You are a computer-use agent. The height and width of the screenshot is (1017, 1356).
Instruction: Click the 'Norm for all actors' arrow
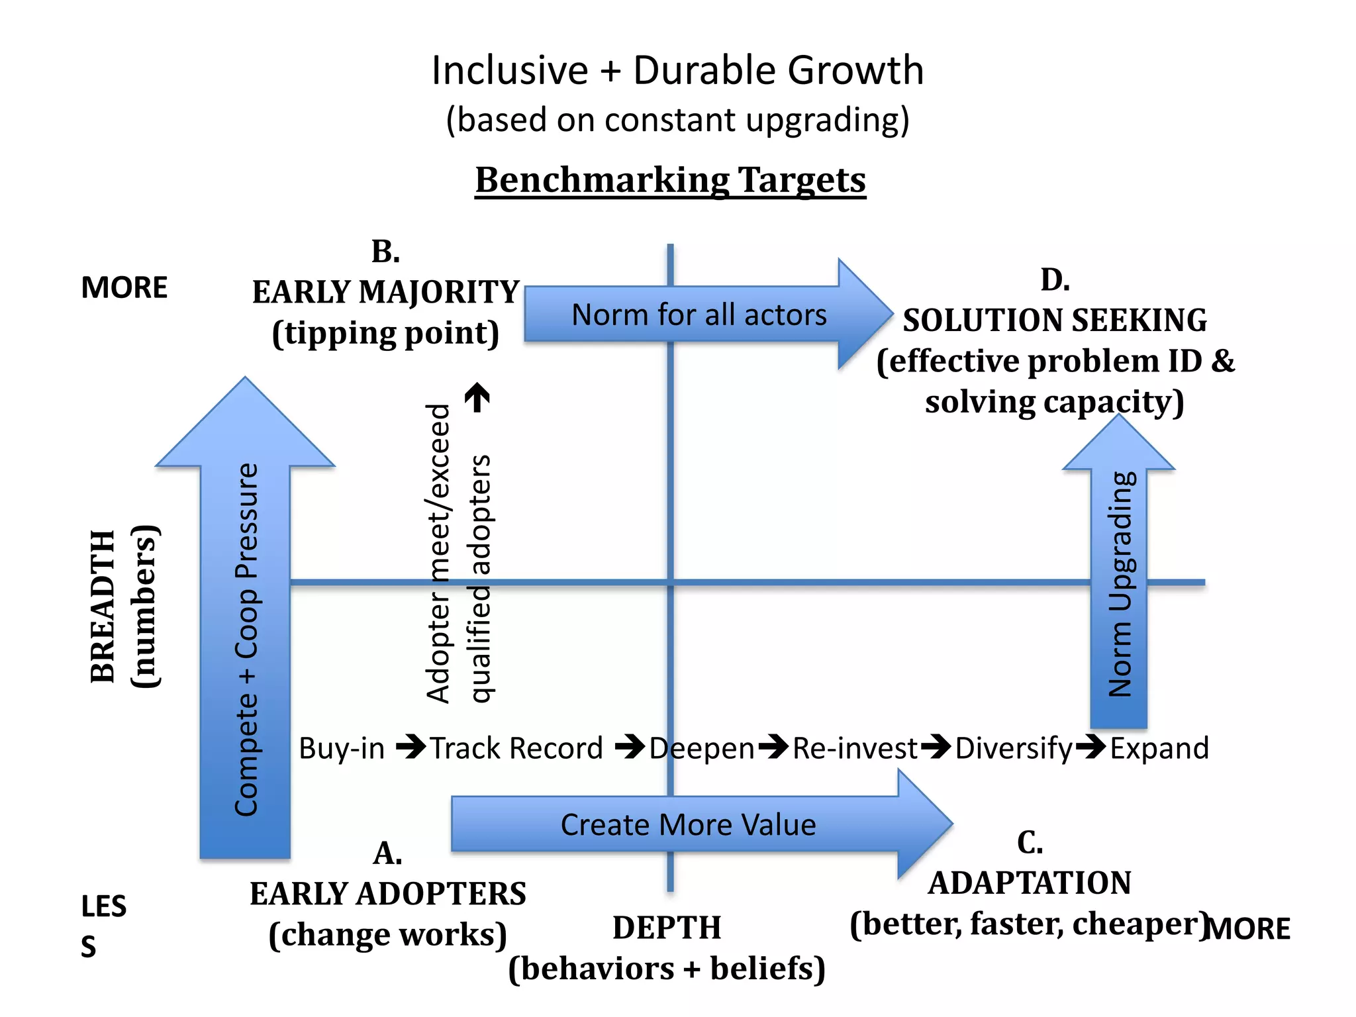click(x=699, y=315)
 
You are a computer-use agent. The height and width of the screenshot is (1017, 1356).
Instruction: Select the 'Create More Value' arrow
click(x=689, y=824)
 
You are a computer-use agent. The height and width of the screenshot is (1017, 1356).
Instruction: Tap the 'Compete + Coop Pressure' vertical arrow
click(x=246, y=636)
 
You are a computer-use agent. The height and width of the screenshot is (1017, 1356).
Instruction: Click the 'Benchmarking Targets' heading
click(x=670, y=179)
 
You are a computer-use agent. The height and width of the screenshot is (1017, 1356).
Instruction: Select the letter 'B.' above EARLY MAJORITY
click(x=386, y=252)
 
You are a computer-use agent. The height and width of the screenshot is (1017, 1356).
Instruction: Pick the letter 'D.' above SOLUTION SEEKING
click(x=1055, y=280)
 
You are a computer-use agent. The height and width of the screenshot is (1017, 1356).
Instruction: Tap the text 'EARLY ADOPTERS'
click(x=388, y=894)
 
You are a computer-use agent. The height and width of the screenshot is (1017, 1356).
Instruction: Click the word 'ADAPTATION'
click(x=1030, y=883)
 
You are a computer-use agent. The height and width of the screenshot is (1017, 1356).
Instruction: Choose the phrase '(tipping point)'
click(x=385, y=333)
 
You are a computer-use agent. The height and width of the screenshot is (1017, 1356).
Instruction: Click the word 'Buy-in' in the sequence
click(x=342, y=748)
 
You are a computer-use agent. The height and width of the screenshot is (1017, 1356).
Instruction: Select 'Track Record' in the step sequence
click(x=516, y=748)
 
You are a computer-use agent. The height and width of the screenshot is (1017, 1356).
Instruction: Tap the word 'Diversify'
click(x=1013, y=748)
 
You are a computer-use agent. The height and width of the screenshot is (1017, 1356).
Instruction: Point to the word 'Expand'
click(x=1159, y=748)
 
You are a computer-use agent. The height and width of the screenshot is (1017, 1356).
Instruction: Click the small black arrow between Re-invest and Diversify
click(x=936, y=747)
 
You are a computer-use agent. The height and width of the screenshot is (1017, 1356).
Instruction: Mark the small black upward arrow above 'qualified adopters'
click(x=477, y=397)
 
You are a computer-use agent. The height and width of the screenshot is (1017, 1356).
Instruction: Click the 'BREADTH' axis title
click(x=103, y=606)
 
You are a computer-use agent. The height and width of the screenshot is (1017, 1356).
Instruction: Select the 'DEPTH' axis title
click(x=667, y=928)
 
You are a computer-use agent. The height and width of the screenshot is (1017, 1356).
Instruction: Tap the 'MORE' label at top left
click(x=124, y=287)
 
